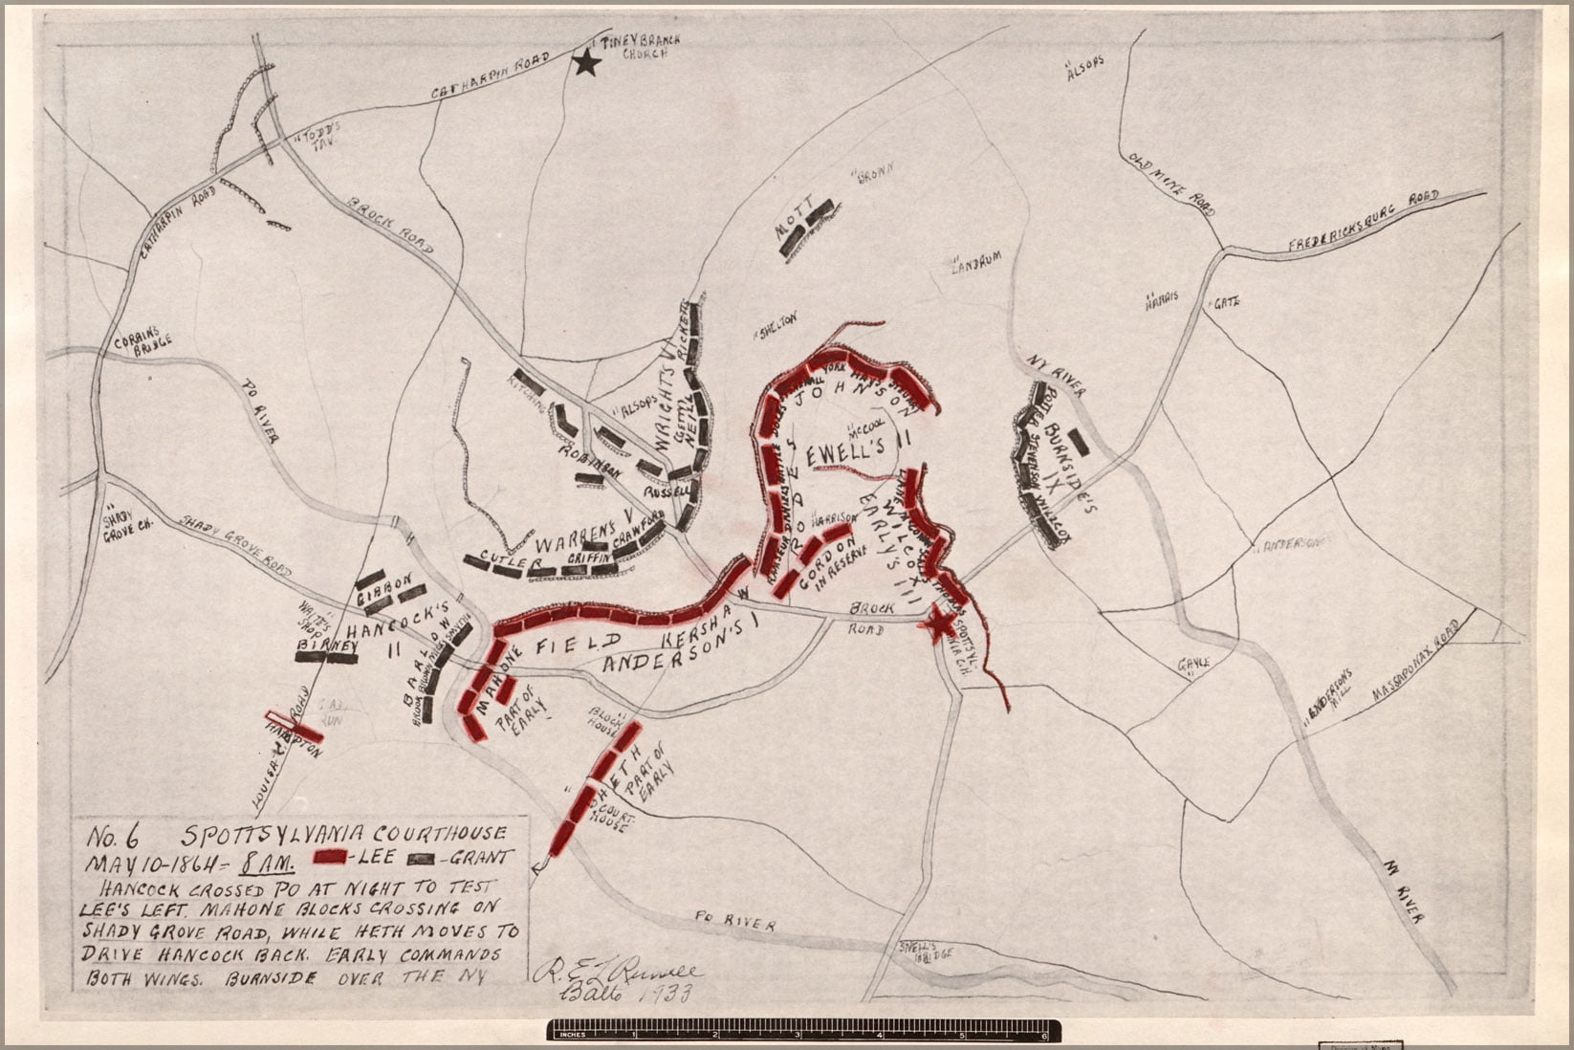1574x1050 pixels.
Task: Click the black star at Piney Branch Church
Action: pos(587,63)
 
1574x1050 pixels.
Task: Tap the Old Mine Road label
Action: pos(1171,184)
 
